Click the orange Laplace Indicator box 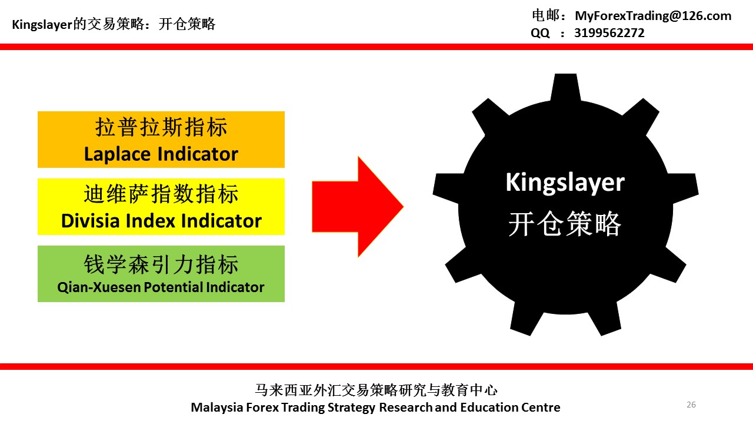(x=161, y=140)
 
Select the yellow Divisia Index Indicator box (x=161, y=207)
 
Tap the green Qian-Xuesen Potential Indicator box (x=161, y=274)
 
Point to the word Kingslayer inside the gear (x=565, y=183)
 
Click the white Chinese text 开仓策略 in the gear (x=565, y=224)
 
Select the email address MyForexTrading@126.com (x=653, y=16)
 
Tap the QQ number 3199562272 (x=609, y=33)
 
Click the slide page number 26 (x=691, y=405)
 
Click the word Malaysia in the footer (x=214, y=408)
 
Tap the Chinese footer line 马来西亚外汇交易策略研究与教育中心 (x=376, y=390)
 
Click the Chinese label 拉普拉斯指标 (x=161, y=127)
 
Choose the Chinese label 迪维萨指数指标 (x=161, y=194)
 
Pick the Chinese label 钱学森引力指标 (x=161, y=264)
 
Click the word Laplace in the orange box (x=119, y=154)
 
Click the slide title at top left (x=114, y=24)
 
